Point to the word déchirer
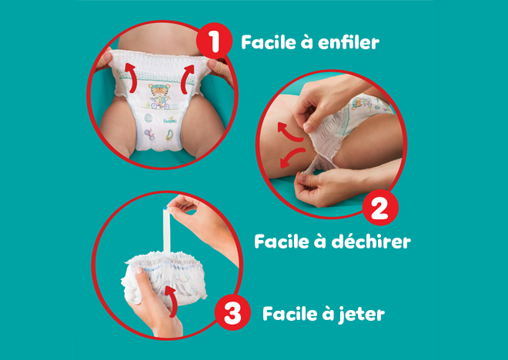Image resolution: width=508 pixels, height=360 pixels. click(369, 241)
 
